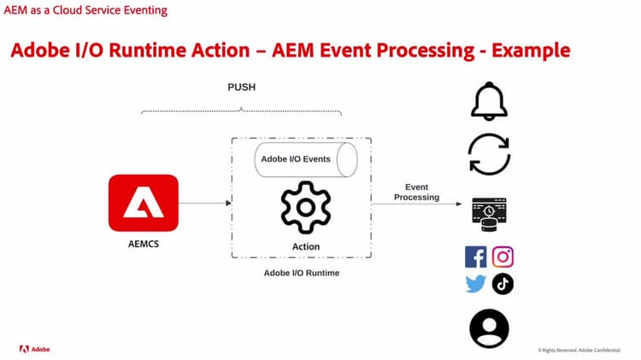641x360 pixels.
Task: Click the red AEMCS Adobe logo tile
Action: pyautogui.click(x=143, y=203)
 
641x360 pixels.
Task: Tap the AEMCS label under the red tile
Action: pyautogui.click(x=143, y=243)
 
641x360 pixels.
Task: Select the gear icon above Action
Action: pyautogui.click(x=305, y=208)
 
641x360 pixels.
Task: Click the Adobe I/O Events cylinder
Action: pyautogui.click(x=305, y=159)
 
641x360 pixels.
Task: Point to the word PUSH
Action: pyautogui.click(x=241, y=87)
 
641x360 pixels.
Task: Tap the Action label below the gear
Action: pyautogui.click(x=305, y=246)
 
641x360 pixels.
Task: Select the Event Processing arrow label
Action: pyautogui.click(x=416, y=192)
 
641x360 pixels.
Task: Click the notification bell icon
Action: pyautogui.click(x=489, y=102)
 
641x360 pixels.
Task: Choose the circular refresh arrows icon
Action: pyautogui.click(x=489, y=155)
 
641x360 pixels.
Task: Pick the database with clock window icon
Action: pyautogui.click(x=489, y=214)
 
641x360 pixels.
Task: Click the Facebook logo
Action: pyautogui.click(x=475, y=257)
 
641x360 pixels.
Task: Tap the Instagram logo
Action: pyautogui.click(x=503, y=257)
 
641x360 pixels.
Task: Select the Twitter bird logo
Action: pyautogui.click(x=475, y=284)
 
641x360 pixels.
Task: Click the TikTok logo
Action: pyautogui.click(x=503, y=284)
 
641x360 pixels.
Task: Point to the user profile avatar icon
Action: pyautogui.click(x=489, y=328)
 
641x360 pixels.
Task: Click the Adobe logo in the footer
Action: pyautogui.click(x=35, y=349)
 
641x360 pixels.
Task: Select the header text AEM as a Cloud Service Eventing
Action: pyautogui.click(x=85, y=10)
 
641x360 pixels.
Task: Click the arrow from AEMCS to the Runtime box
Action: pyautogui.click(x=204, y=203)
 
